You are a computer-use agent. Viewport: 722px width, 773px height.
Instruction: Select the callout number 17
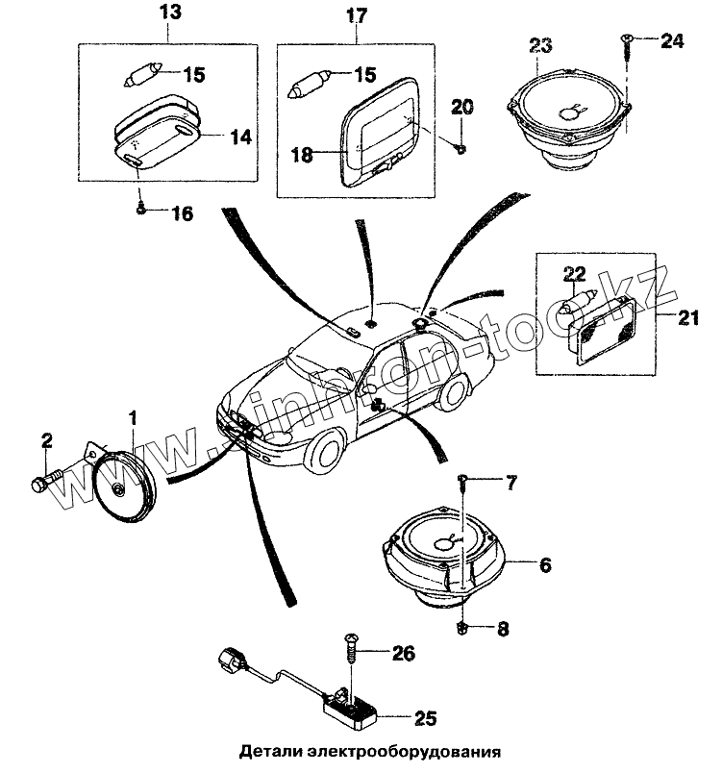tap(356, 16)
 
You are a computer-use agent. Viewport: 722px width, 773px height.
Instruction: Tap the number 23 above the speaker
tap(540, 45)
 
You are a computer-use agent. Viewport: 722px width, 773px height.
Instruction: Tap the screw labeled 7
tap(463, 478)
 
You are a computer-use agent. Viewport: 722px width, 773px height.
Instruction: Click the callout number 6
tap(543, 565)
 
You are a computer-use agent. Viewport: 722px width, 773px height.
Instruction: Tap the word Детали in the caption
tap(271, 752)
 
